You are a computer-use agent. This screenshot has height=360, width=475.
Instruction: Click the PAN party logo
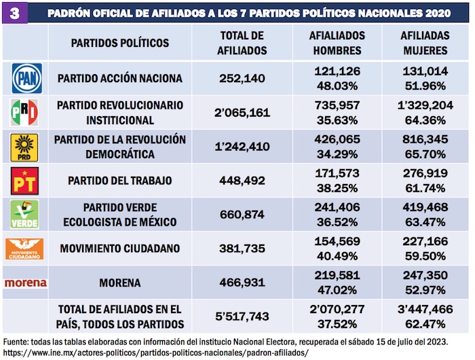(x=26, y=78)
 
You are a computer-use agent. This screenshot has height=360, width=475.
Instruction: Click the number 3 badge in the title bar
(x=14, y=13)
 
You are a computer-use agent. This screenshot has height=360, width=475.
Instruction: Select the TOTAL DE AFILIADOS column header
(x=242, y=43)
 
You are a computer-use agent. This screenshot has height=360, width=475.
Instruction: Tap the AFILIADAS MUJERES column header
(x=424, y=43)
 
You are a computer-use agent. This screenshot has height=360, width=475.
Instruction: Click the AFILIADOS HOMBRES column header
(x=337, y=43)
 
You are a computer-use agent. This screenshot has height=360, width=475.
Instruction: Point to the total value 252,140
(x=242, y=78)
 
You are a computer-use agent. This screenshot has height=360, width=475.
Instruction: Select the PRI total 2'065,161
(x=242, y=112)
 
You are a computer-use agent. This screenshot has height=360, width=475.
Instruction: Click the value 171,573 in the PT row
(x=337, y=174)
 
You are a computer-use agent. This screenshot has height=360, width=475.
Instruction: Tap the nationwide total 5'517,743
(x=242, y=317)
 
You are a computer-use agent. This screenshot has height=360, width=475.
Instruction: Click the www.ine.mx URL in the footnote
(x=156, y=353)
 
